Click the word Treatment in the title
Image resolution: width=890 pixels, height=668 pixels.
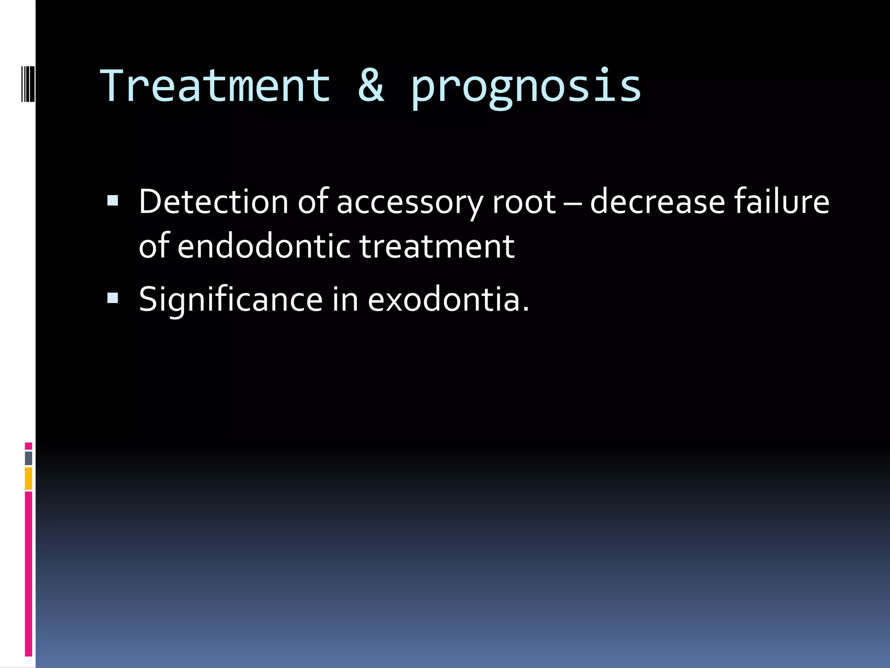[x=215, y=86]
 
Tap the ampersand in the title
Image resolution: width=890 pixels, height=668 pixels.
[x=371, y=86]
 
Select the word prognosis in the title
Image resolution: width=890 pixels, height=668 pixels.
[x=526, y=89]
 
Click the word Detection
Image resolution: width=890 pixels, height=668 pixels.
[x=213, y=202]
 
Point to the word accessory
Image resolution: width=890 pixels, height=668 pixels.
[x=409, y=204]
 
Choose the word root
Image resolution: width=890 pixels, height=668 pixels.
[x=524, y=203]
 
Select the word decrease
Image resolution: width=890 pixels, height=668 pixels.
[x=657, y=203]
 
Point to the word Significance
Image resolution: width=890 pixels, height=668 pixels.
[x=230, y=300]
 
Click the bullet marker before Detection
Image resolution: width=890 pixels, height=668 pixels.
[x=113, y=200]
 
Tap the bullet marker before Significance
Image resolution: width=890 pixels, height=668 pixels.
[x=113, y=298]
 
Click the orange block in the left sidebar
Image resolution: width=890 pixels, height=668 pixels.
[x=28, y=478]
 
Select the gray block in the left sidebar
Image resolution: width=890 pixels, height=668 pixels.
[x=28, y=458]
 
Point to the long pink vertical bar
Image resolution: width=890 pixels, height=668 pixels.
[x=28, y=574]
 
